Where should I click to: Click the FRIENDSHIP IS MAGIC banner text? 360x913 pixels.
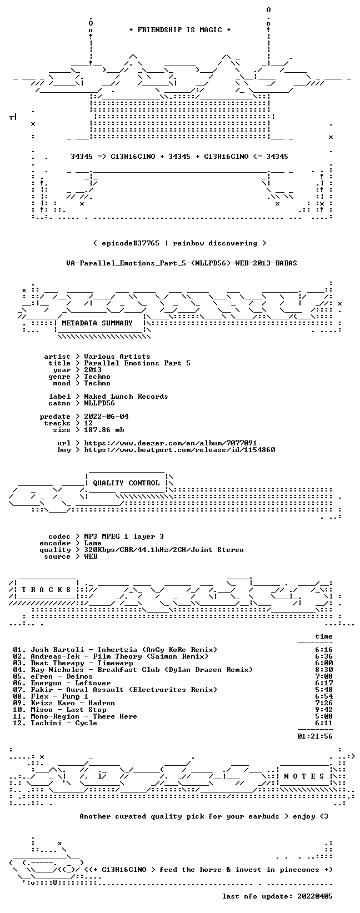(180, 30)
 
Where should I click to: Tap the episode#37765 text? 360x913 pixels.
(131, 243)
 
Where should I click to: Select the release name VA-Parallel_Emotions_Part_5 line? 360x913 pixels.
(182, 263)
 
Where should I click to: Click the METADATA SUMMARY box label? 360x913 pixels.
(97, 323)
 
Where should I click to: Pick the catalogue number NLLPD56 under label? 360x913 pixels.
(99, 403)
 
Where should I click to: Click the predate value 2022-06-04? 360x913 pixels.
(106, 417)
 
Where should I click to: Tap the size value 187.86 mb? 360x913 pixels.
(104, 430)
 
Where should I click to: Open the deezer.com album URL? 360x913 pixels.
(171, 443)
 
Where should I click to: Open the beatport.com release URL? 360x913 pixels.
(179, 450)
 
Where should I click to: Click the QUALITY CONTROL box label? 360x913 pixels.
(126, 483)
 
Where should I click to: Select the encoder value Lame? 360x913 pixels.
(93, 543)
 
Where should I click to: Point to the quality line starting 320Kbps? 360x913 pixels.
(164, 550)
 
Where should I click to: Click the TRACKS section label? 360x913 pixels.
(46, 590)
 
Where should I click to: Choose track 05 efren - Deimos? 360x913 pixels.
(53, 676)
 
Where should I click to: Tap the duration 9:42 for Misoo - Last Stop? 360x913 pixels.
(324, 710)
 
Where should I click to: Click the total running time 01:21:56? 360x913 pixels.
(315, 736)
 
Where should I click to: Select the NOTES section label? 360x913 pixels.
(304, 776)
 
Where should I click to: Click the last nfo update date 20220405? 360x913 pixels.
(315, 896)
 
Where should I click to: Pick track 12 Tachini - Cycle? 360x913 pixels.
(55, 723)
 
